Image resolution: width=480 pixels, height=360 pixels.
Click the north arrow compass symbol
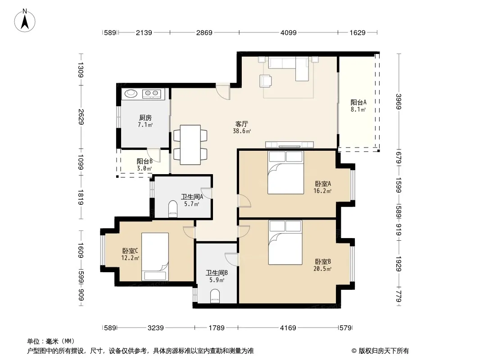coord(25,21)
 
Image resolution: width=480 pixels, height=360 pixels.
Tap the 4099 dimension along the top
coord(288,32)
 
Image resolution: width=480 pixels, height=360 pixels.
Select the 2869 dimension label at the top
coord(204,32)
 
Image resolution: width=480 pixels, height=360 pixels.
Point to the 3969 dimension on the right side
coord(398,102)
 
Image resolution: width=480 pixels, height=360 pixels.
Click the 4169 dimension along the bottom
coord(288,328)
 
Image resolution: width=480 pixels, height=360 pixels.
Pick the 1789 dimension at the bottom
coord(217,328)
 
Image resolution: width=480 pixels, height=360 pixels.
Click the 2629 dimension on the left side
coord(81,117)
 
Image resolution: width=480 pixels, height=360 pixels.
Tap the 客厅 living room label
coord(241,124)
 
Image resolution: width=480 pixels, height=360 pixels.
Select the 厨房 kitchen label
coord(145,118)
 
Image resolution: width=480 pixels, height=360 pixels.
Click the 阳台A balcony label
coord(358,102)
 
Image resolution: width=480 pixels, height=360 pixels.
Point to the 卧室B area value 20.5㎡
coord(322,269)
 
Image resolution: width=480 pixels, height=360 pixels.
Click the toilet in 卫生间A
coord(173,209)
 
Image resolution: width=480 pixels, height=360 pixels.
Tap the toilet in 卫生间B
coord(215,297)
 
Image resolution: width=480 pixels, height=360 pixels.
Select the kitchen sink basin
coord(131,93)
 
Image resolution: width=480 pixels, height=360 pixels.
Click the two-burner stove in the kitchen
coord(152,93)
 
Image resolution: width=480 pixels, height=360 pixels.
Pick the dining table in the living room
coord(190,144)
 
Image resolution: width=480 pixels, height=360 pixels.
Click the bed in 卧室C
coord(155,256)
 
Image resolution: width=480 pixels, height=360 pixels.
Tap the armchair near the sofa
coord(266,81)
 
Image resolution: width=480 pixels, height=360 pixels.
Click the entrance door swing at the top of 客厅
coord(223,91)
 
